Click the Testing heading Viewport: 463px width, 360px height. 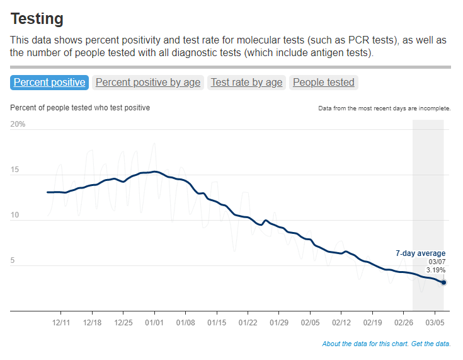(37, 19)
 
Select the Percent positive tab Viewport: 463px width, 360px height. (49, 82)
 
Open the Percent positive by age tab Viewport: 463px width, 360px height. (148, 82)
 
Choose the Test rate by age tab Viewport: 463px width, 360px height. (246, 82)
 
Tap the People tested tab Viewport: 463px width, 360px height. (324, 82)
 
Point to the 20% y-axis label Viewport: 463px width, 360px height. (18, 124)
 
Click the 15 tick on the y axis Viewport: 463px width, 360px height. (15, 170)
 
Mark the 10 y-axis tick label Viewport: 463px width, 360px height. (15, 215)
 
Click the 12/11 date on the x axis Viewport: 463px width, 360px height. (61, 322)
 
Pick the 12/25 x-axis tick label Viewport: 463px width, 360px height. (123, 322)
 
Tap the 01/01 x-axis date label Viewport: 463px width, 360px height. (154, 322)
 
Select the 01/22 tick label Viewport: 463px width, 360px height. (248, 322)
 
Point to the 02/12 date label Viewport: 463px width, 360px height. (341, 322)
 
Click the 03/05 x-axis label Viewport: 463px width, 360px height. (435, 322)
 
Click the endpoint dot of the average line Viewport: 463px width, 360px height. (443, 282)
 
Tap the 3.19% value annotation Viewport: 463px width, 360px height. (436, 270)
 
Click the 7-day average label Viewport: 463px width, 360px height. (420, 253)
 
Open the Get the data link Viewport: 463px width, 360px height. (432, 344)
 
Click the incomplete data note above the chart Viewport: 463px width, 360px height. (384, 108)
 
